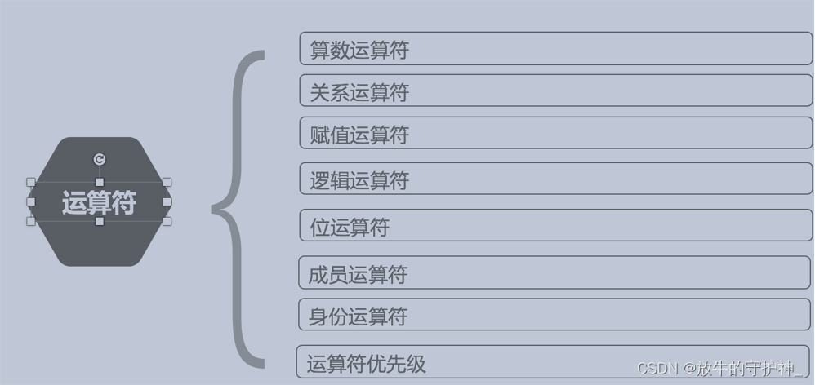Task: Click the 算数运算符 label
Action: point(359,51)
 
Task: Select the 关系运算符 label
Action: point(359,93)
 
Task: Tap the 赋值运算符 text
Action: point(359,135)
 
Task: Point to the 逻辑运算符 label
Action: point(359,180)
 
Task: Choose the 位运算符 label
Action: point(350,227)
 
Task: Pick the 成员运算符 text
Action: point(358,274)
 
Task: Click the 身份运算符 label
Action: point(358,316)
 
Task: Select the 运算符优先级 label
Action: point(367,364)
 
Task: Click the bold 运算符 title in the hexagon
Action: point(99,202)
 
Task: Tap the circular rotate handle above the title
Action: point(100,160)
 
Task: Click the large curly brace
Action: point(238,209)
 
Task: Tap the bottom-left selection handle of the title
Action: point(31,221)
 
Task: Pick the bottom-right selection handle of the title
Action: point(167,221)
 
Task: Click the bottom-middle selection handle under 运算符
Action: point(100,221)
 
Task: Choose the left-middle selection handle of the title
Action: point(31,201)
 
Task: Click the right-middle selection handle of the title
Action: point(167,201)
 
